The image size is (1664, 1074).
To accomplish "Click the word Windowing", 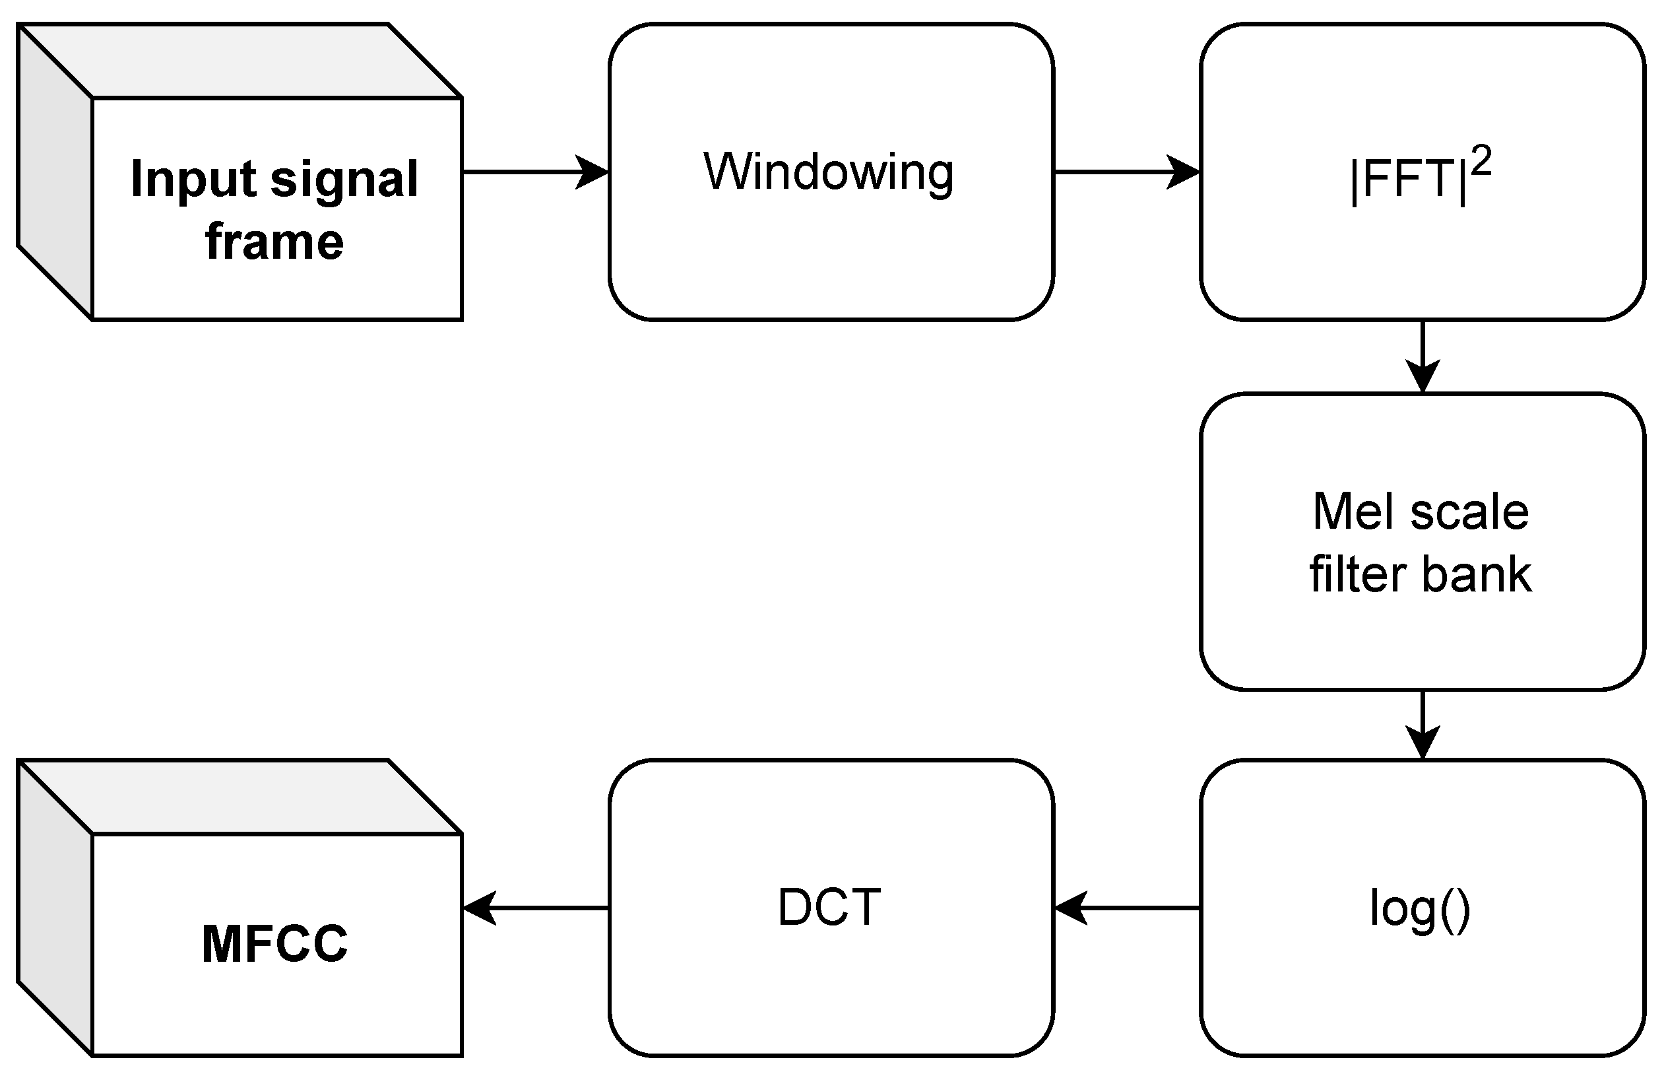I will point(828,172).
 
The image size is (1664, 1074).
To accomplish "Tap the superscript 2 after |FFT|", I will point(1481,162).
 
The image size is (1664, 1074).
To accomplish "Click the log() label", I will point(1420,908).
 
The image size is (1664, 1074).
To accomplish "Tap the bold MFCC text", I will point(274,943).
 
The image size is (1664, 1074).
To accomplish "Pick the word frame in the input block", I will point(274,242).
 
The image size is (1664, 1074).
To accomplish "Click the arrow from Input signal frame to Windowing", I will point(535,172).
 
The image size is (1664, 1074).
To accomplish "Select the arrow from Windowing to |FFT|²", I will point(1126,172).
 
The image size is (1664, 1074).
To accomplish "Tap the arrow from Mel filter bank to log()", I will point(1422,725).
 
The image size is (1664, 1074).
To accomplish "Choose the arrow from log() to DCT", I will point(1126,908).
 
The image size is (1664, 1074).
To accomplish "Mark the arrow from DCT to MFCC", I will point(535,908).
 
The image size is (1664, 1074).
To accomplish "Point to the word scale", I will point(1469,511).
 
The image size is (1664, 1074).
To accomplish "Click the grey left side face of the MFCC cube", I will point(54,906).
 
